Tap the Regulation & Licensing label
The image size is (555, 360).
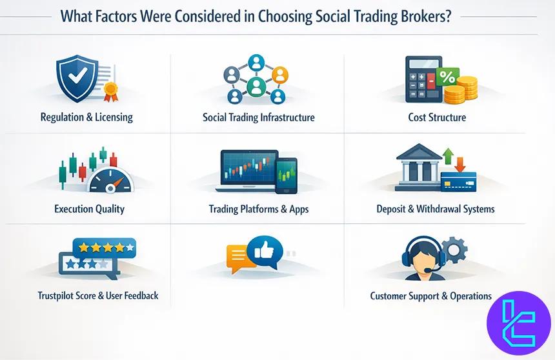pos(86,117)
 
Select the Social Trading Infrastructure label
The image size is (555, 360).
pos(259,117)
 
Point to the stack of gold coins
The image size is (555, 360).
pos(461,91)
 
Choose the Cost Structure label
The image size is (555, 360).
pos(437,117)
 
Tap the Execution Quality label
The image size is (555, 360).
pos(90,209)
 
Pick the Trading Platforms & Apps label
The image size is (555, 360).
pos(259,209)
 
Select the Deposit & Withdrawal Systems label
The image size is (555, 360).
pos(436,209)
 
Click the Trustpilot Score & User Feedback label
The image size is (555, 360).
pos(98,296)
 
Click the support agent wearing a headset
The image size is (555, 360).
pos(423,258)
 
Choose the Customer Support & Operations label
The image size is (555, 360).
pos(431,296)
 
